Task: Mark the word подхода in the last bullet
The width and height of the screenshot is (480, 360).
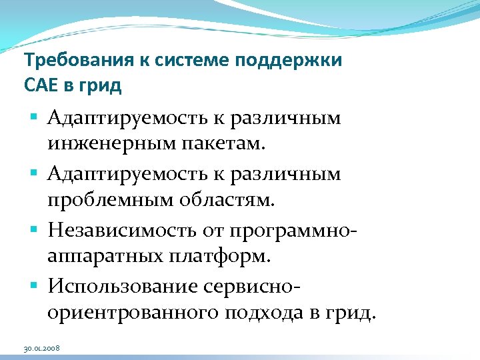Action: pyautogui.click(x=254, y=312)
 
